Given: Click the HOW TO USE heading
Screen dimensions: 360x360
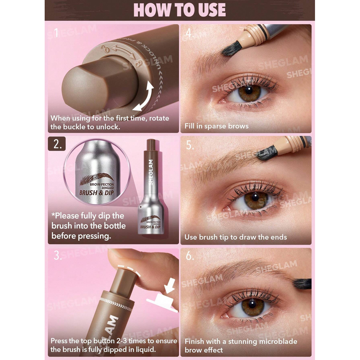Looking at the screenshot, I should click(180, 10).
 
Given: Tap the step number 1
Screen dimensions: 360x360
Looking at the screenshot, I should click(56, 33).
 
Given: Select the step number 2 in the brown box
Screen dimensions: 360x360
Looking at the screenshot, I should click(57, 144).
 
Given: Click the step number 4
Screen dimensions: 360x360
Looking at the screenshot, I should click(189, 34).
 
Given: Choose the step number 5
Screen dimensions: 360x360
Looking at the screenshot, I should click(189, 146).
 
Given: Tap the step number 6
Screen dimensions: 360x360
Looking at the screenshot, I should click(190, 256).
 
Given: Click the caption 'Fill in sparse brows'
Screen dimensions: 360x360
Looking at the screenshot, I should click(217, 126).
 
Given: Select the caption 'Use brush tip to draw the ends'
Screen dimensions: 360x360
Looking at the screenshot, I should click(236, 237).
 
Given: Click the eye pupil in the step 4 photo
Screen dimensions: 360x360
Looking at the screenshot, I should click(249, 91).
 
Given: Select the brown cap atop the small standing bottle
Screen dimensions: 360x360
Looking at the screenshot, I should click(151, 146).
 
